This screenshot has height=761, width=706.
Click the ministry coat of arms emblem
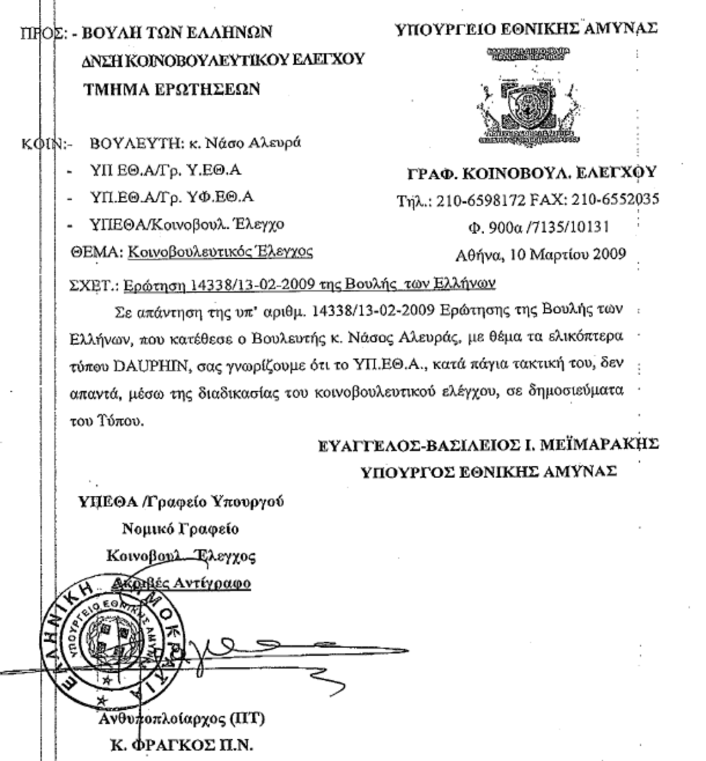[x=527, y=106]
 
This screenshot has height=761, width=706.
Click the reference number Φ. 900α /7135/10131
[x=538, y=226]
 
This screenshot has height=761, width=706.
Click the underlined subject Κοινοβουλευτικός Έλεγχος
[x=220, y=252]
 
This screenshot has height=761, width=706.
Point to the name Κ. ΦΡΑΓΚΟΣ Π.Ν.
[x=182, y=745]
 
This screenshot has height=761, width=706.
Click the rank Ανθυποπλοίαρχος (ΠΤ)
[x=181, y=718]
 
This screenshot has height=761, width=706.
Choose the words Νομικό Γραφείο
[x=180, y=529]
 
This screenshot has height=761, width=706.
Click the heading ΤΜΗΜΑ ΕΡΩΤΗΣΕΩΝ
[x=171, y=89]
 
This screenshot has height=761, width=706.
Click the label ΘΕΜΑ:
[x=96, y=252]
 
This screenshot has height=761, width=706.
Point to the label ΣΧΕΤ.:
[x=95, y=285]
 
